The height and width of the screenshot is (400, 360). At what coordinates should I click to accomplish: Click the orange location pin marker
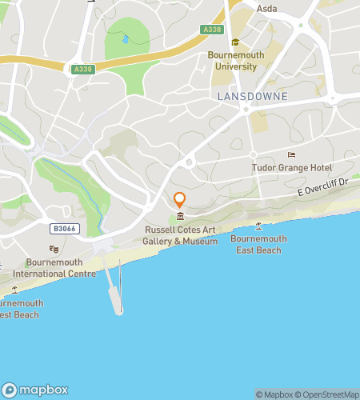(x=180, y=200)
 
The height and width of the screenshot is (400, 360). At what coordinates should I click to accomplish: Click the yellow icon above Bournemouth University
(x=235, y=42)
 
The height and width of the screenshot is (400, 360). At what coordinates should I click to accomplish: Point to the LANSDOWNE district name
(x=252, y=95)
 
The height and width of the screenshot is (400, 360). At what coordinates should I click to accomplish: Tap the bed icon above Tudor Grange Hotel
(x=291, y=154)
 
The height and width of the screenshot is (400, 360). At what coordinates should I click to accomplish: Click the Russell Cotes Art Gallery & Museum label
(x=180, y=235)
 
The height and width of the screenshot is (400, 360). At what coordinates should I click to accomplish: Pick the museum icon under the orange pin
(x=180, y=217)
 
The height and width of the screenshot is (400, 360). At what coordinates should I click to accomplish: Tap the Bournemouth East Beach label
(x=258, y=244)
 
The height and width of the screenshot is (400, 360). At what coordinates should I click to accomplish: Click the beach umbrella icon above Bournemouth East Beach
(x=258, y=226)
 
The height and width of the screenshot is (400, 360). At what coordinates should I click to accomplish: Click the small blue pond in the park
(x=125, y=38)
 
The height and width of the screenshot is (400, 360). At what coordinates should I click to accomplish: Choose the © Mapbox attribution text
(x=273, y=394)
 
